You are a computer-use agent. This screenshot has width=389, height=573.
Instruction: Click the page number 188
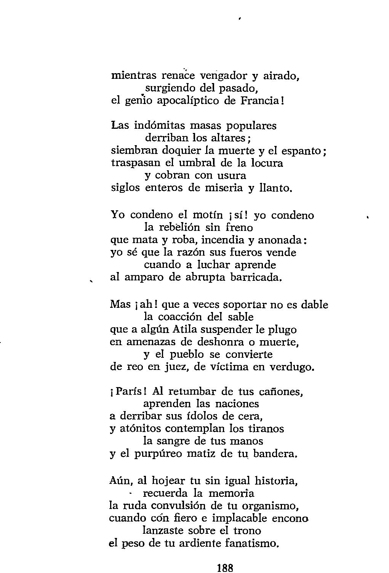coord(225,567)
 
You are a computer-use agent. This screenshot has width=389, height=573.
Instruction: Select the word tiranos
coord(266,429)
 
